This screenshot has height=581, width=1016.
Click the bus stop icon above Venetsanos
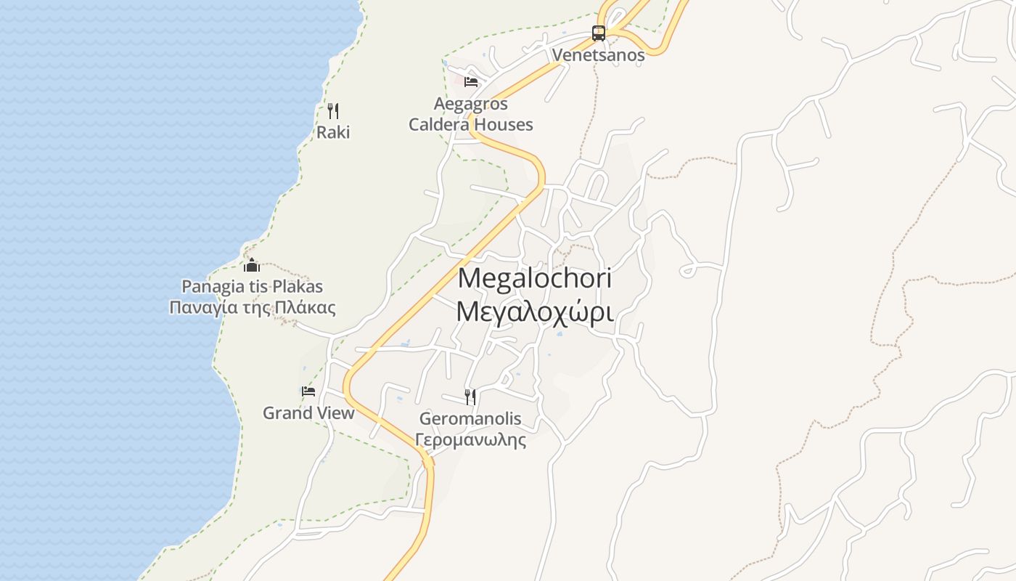click(x=598, y=33)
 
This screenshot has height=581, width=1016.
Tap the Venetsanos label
click(x=598, y=55)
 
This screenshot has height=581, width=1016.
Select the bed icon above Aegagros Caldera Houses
click(x=471, y=81)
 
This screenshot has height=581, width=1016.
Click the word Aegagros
click(x=470, y=104)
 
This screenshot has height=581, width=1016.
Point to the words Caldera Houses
click(x=470, y=124)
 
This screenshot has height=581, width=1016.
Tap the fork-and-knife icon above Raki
click(x=333, y=111)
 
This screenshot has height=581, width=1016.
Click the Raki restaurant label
click(x=333, y=132)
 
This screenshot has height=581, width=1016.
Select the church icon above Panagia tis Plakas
click(x=252, y=265)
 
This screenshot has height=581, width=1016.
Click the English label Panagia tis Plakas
click(x=252, y=286)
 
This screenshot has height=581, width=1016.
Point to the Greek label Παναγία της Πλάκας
click(x=252, y=307)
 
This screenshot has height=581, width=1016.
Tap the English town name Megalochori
click(x=535, y=278)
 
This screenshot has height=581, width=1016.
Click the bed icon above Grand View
click(x=308, y=391)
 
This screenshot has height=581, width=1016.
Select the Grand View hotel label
click(x=308, y=413)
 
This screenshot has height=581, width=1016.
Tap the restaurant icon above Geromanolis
click(x=470, y=397)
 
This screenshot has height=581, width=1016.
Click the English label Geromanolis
click(x=470, y=419)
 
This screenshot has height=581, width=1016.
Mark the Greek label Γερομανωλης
click(x=470, y=439)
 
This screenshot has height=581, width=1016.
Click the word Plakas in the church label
click(x=295, y=286)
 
